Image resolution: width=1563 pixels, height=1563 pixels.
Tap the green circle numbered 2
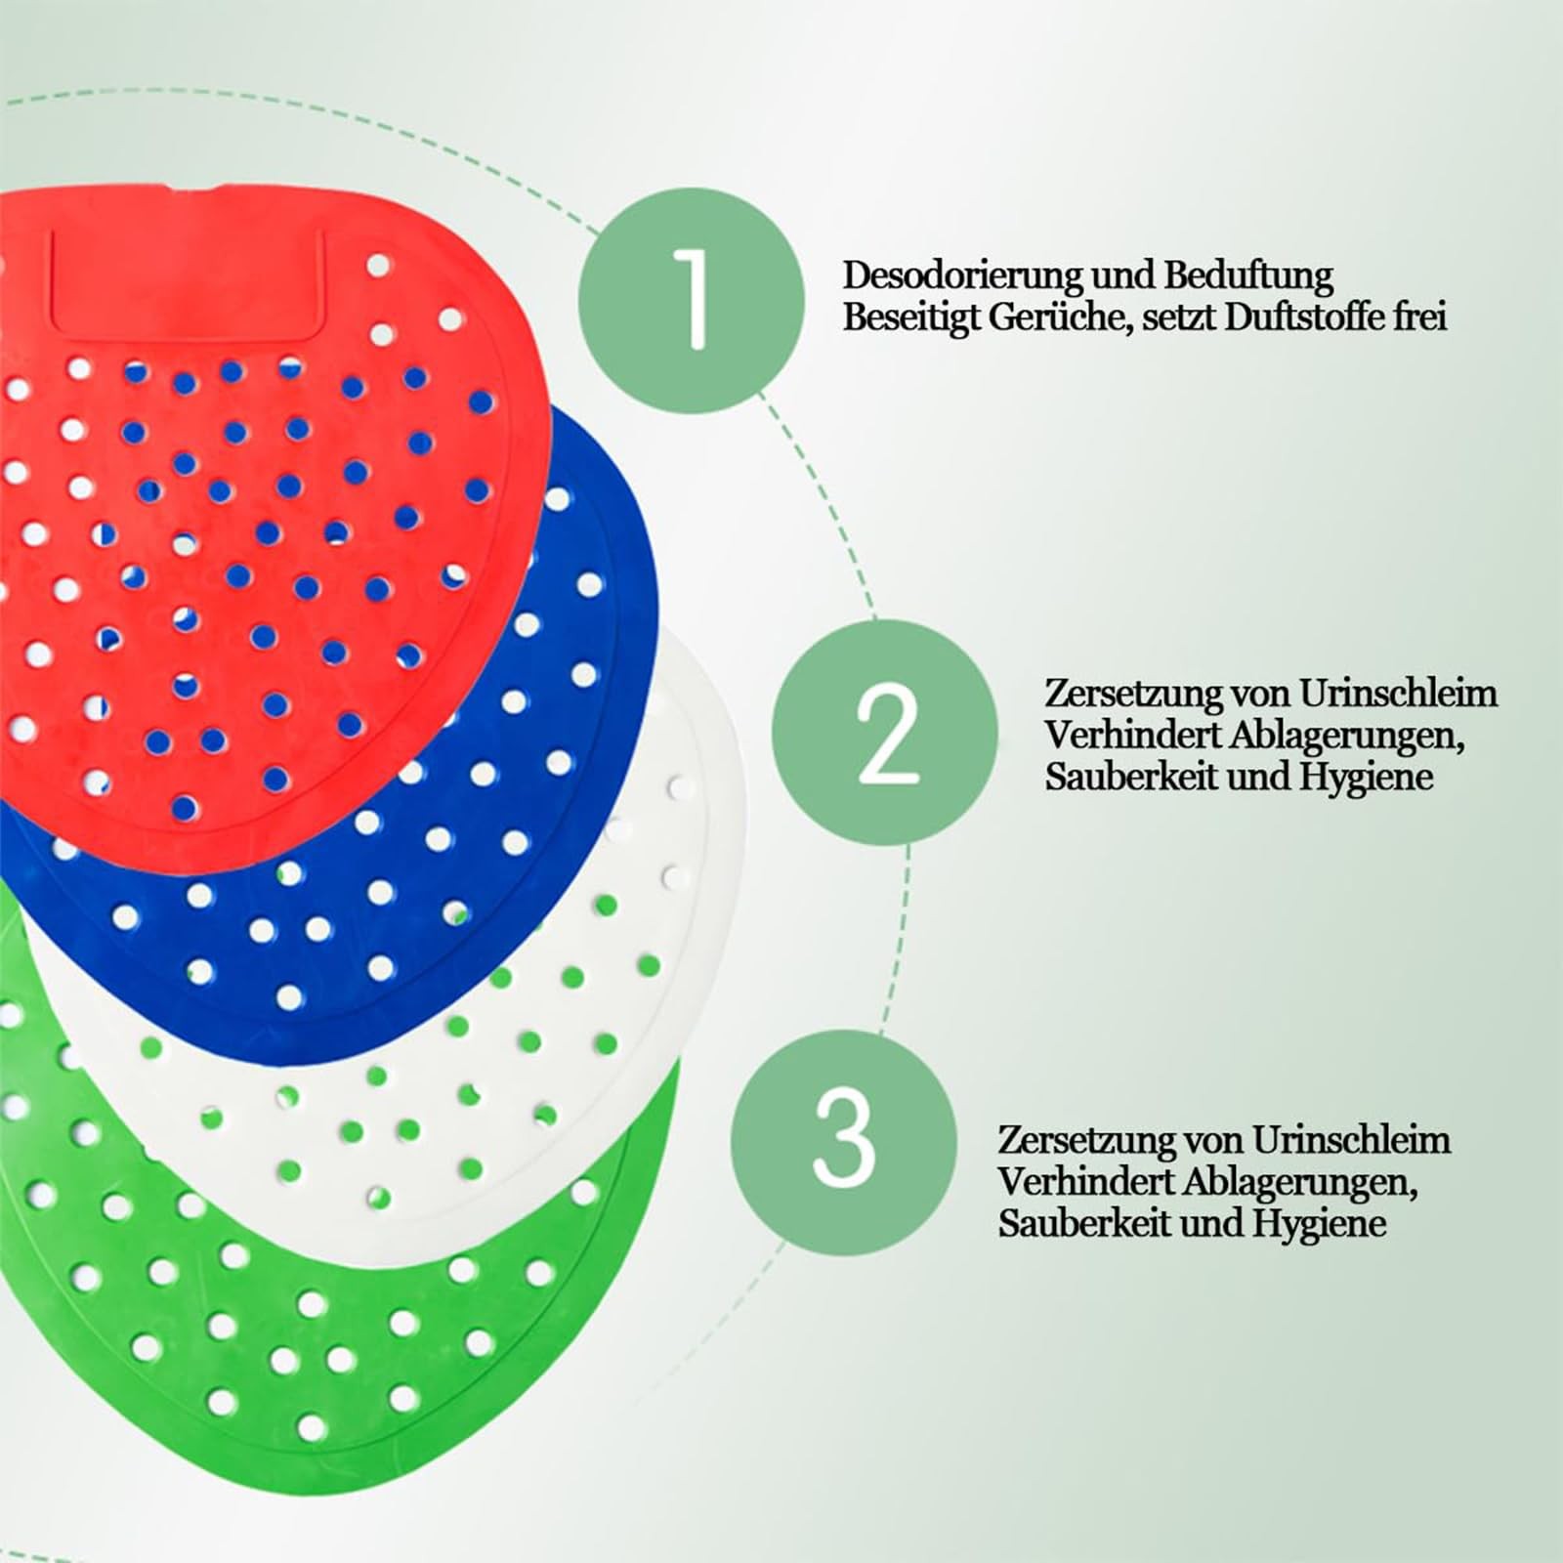coord(887,733)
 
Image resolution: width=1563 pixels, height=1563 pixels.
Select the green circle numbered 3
coord(844,1140)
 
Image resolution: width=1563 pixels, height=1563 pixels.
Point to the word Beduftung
coord(1247,276)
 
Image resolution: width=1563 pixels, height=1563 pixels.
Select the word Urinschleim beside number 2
coord(1397,694)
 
